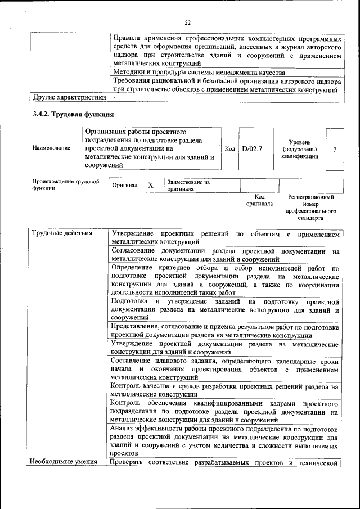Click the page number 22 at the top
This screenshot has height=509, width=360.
pos(188,22)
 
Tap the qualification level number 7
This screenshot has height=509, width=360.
pos(335,149)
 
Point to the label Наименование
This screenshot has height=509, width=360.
pos(51,148)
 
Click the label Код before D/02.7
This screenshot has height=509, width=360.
pos(229,149)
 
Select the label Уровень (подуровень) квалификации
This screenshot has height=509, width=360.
pos(300,149)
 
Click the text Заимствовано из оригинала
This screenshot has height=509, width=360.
pos(188,186)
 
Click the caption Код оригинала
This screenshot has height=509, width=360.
pos(259,200)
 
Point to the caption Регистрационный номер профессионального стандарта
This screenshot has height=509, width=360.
pos(311,207)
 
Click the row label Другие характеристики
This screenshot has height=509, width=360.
pos(69,97)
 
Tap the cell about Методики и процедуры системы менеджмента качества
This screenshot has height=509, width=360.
pos(199,73)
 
